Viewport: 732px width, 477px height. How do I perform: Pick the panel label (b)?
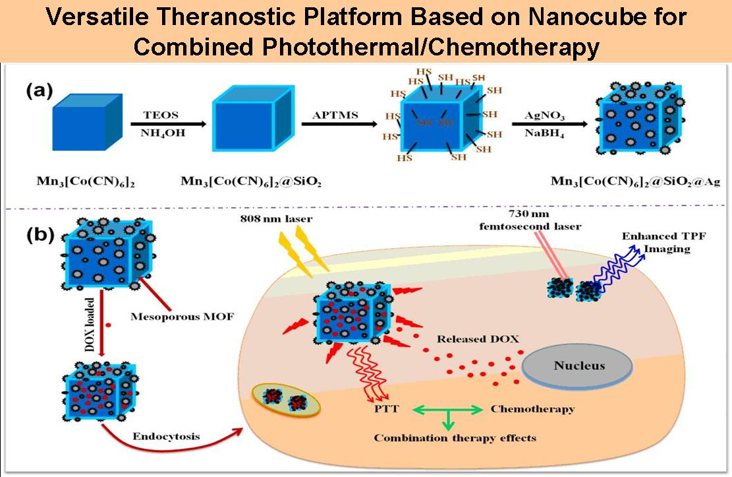point(40,236)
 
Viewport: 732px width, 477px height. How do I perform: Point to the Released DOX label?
point(478,339)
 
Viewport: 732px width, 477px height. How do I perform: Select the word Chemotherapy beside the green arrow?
point(532,409)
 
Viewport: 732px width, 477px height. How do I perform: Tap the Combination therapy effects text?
point(455,437)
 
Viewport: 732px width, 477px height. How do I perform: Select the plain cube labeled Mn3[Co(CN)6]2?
point(88,125)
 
